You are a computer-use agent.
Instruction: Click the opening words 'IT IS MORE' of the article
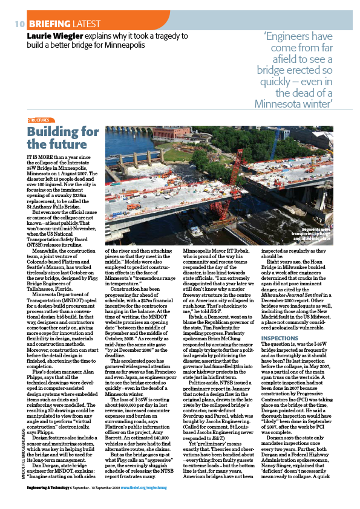tap(39, 156)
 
